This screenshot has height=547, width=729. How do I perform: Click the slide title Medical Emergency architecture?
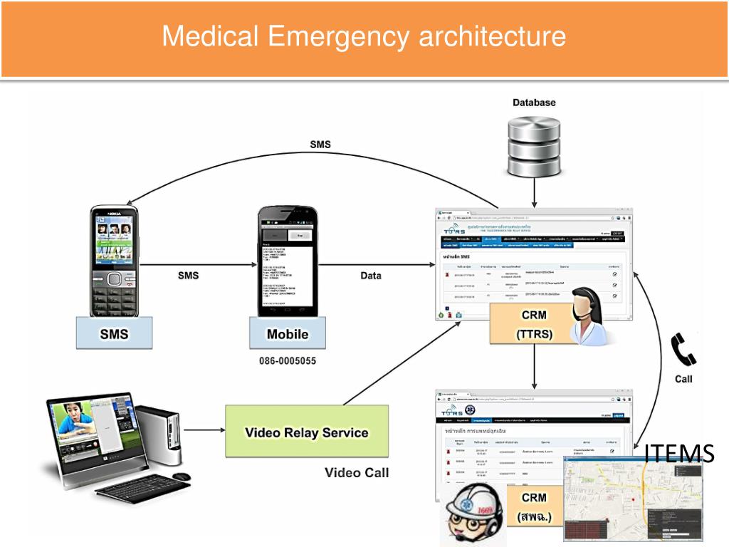pos(364,36)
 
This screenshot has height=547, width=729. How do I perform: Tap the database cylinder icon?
pos(534,150)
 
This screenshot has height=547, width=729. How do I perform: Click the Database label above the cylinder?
pos(534,103)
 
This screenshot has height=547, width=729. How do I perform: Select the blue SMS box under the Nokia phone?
pos(114,333)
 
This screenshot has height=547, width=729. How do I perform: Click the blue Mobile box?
pos(288,333)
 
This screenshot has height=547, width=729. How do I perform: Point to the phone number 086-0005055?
pos(288,361)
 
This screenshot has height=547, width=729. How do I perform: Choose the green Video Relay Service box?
pos(307,432)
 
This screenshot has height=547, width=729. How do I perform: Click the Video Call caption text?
pos(357,472)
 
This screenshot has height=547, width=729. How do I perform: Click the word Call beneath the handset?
pos(683,379)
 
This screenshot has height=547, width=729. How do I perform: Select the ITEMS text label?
pos(679,453)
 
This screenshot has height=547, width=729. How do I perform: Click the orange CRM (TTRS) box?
pos(534,323)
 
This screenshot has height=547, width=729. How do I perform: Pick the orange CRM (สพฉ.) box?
pos(534,506)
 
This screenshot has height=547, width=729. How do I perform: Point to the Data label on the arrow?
pos(370,276)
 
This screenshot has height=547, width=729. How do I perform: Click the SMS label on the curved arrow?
pos(320,145)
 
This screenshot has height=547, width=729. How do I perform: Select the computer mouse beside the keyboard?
pos(182,476)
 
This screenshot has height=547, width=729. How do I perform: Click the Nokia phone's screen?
pos(114,239)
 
